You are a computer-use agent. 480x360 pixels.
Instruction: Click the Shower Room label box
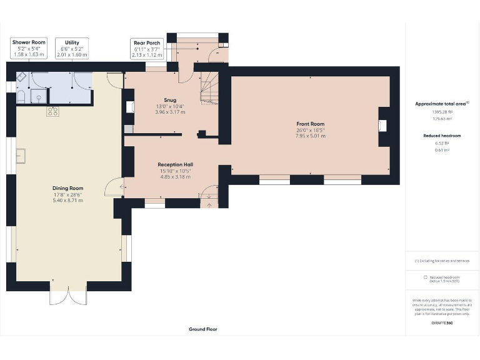click(x=29, y=49)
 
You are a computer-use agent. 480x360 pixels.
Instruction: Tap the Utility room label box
click(x=72, y=49)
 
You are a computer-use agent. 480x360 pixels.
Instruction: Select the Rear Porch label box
click(x=146, y=49)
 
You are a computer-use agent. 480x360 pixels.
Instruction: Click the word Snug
click(x=170, y=100)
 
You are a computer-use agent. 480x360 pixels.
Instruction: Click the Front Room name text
click(x=311, y=124)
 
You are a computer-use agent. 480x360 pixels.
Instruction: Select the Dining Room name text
click(x=68, y=188)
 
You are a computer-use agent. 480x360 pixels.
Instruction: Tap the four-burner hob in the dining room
click(x=52, y=112)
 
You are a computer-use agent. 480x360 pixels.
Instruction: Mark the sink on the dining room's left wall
click(x=21, y=155)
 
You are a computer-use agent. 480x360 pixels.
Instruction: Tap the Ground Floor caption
click(x=203, y=329)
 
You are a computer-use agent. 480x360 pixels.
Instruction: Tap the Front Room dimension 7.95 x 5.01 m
click(x=311, y=136)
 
